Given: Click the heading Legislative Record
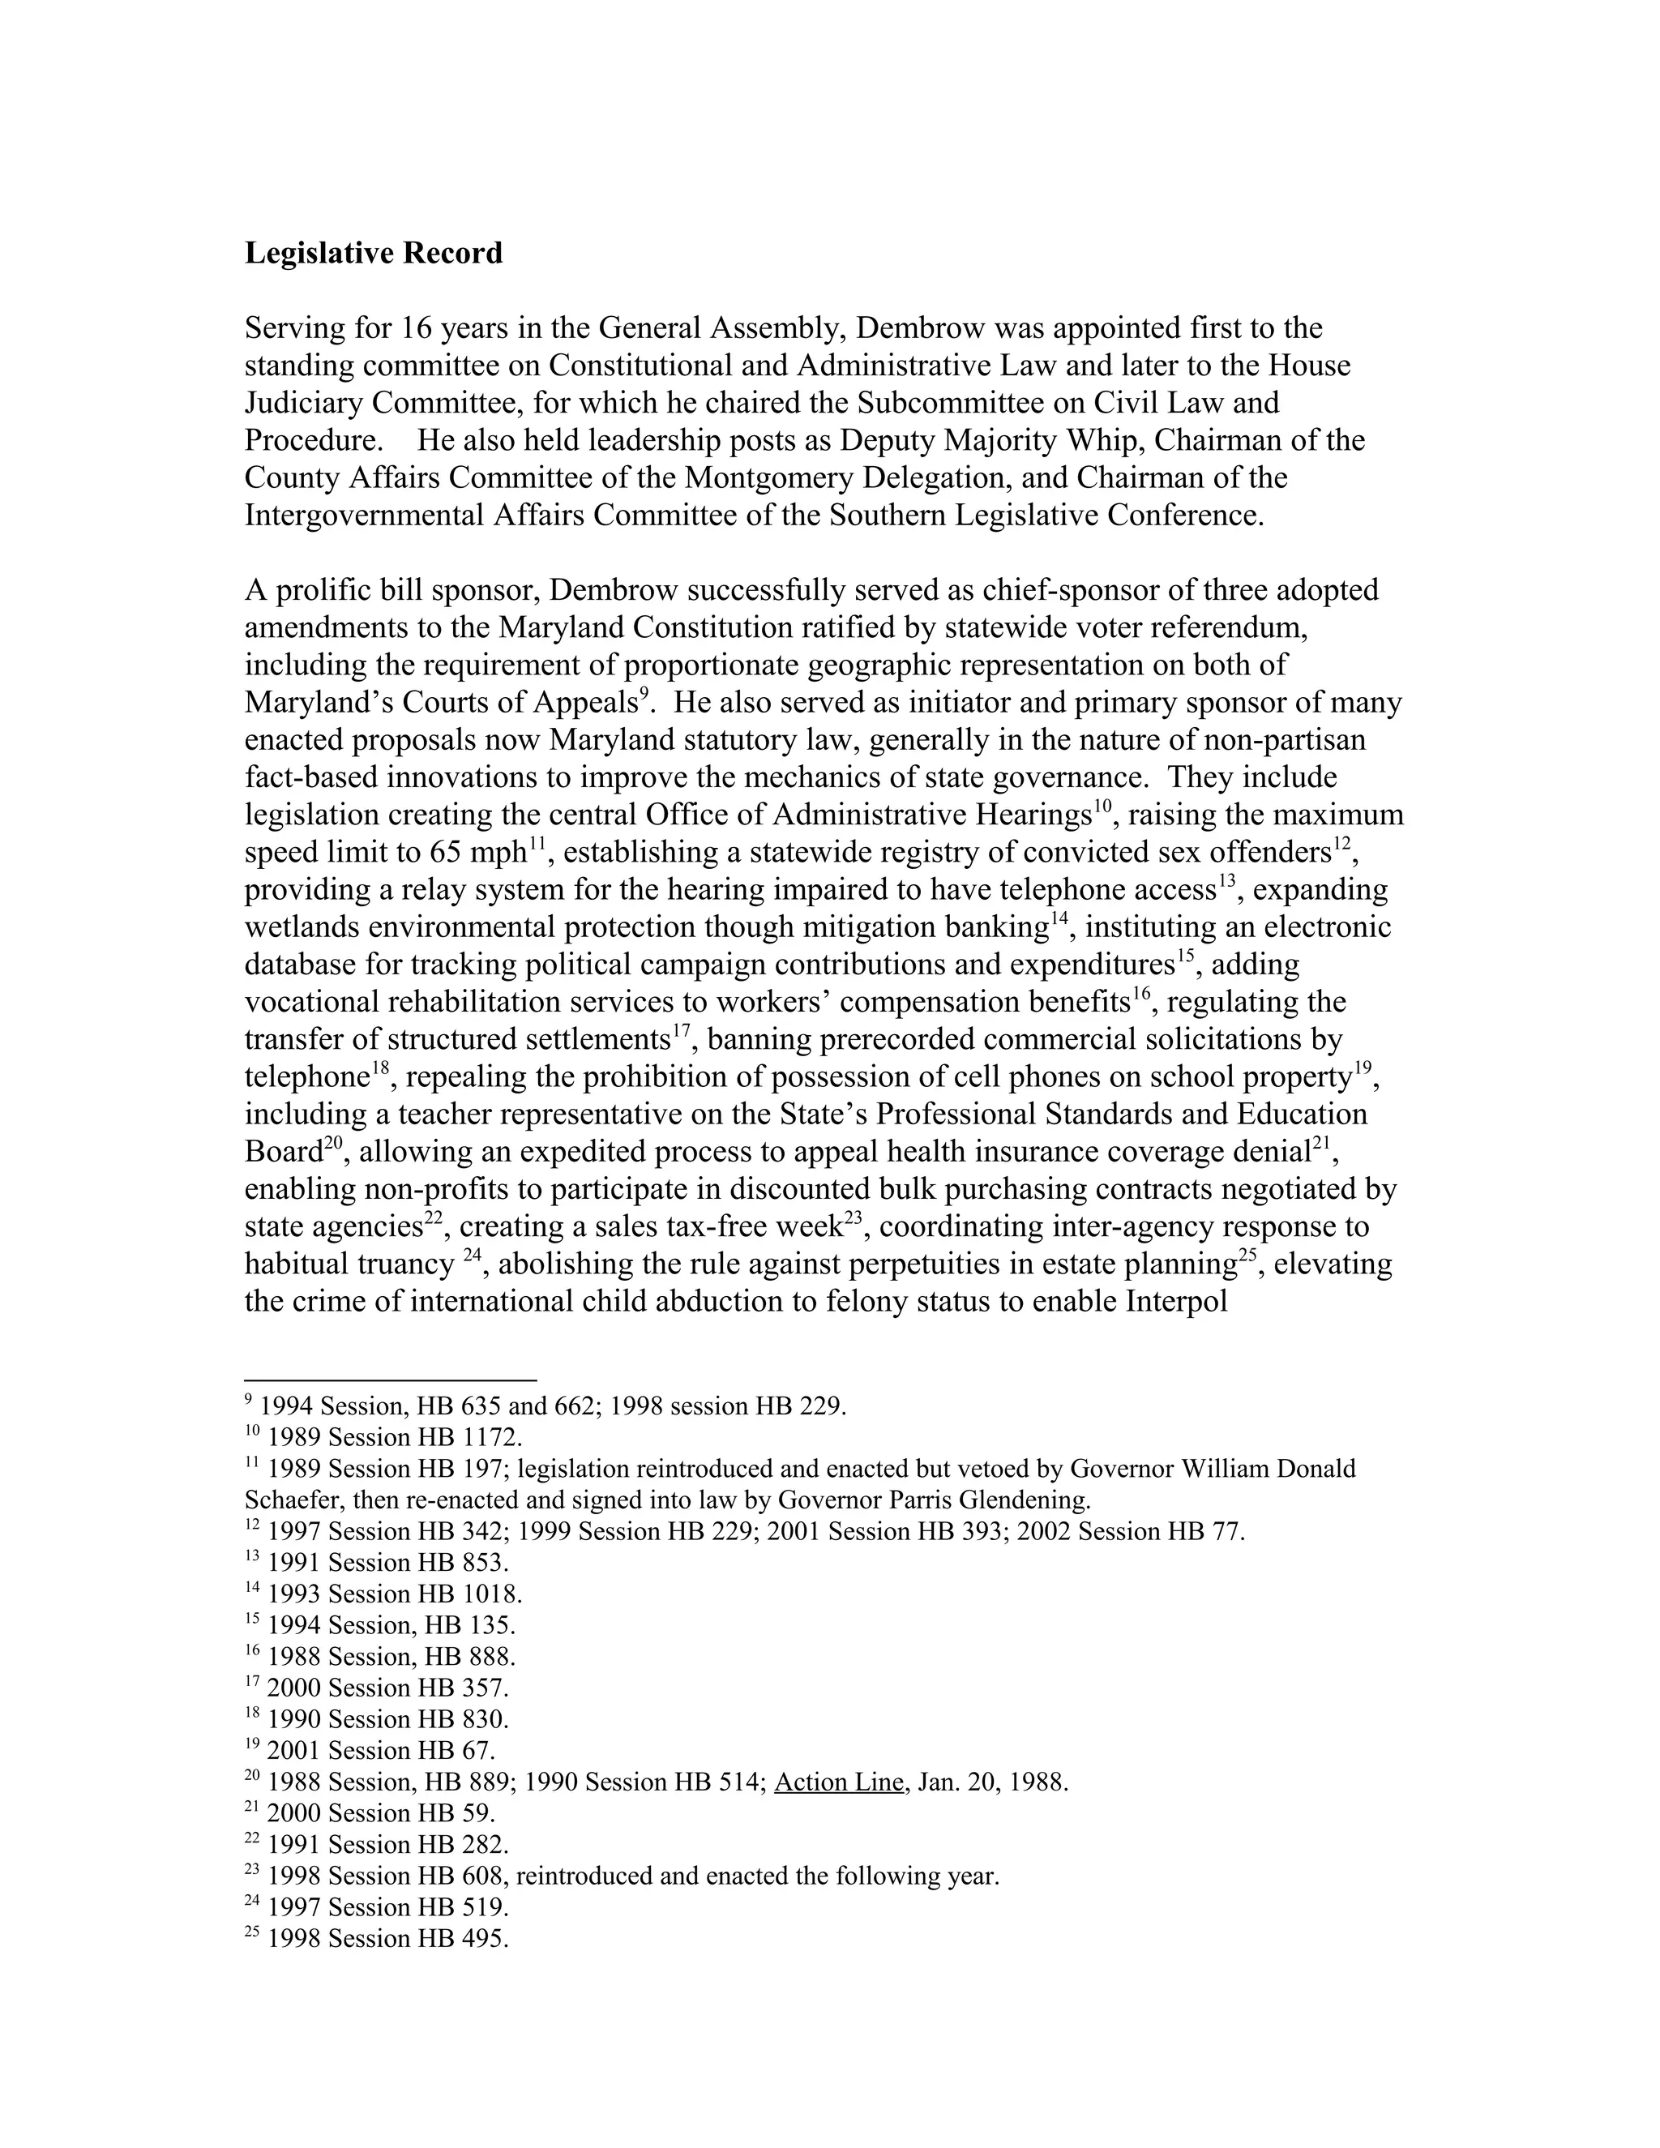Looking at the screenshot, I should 373,254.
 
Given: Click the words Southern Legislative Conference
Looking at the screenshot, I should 1046,516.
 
